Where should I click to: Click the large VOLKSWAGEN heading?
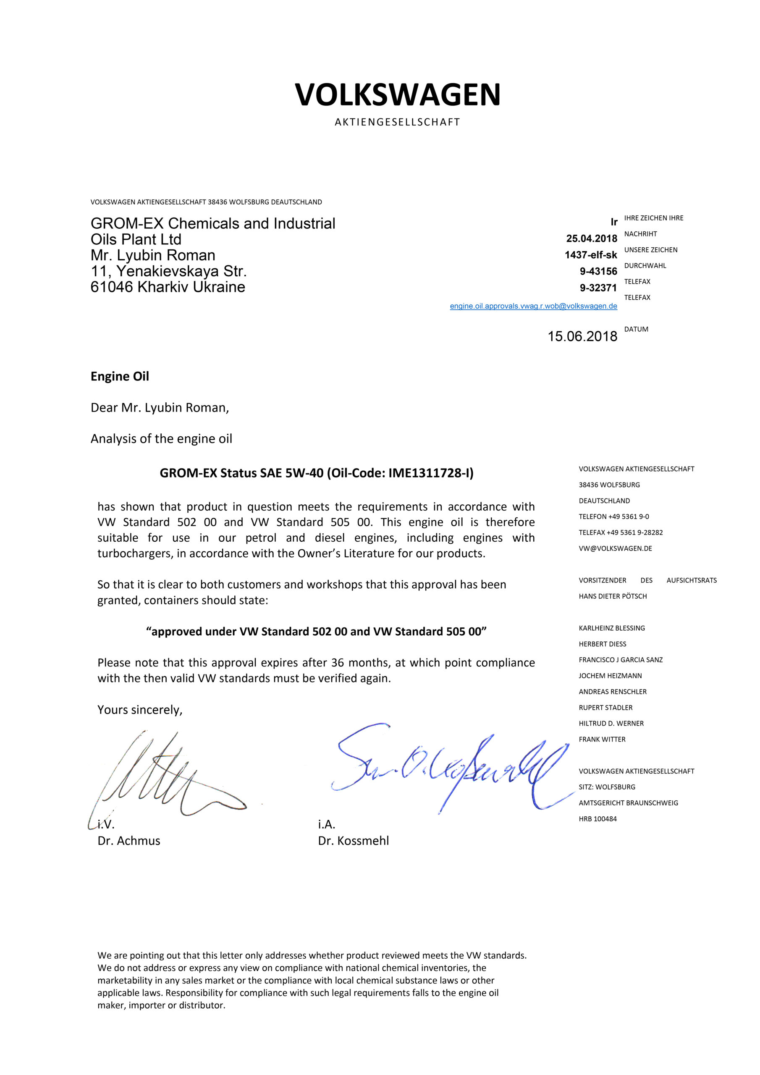pos(398,94)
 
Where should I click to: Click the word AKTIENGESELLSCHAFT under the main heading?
pos(398,122)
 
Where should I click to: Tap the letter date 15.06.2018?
pos(582,336)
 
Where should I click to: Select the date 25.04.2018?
pos(592,239)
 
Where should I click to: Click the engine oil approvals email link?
pos(533,306)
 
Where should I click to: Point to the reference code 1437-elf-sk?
pos(590,255)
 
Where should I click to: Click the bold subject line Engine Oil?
pos(119,376)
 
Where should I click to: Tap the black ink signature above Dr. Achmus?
pos(159,775)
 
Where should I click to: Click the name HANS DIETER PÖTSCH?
pos(613,596)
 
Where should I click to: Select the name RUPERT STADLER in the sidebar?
pos(605,708)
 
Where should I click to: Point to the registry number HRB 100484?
pos(598,819)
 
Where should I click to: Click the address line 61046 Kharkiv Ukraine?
pos(168,287)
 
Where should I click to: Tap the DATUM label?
pos(636,329)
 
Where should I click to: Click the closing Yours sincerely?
pos(139,710)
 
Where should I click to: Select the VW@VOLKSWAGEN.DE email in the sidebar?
pos(615,548)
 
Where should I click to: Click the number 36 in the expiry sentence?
pos(337,663)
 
